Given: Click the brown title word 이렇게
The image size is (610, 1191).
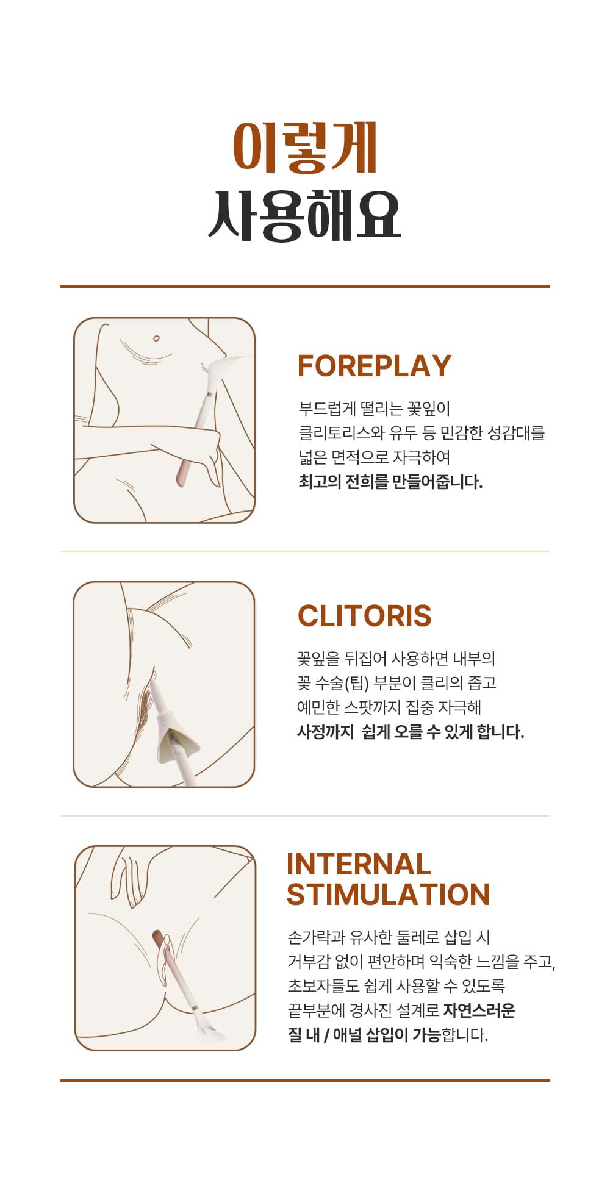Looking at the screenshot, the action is tap(305, 147).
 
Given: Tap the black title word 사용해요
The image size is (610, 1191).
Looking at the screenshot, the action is tap(304, 214).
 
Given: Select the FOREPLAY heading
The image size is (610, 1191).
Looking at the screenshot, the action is tap(374, 366).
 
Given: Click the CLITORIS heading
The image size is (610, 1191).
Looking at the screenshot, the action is tap(364, 616).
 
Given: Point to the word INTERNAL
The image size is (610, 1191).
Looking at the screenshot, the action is tap(359, 865).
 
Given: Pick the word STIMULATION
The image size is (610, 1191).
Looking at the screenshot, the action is tap(388, 895).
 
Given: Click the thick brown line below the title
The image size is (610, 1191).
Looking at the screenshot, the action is tap(305, 286).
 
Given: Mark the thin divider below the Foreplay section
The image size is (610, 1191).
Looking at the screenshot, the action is tap(305, 551).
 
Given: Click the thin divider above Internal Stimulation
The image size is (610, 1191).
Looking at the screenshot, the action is tap(305, 815).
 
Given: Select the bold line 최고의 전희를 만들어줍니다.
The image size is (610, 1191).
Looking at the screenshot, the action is tap(390, 482).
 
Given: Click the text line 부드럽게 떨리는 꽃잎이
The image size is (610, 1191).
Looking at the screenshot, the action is tap(374, 409).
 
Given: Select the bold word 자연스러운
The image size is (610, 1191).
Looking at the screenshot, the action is tap(479, 1010).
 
